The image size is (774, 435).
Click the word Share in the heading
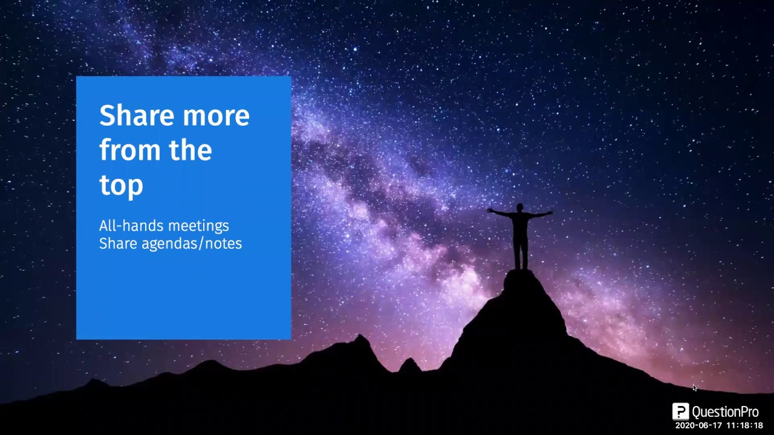coord(137,115)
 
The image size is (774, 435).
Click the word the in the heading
coord(190,150)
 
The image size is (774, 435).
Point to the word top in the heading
coord(121,185)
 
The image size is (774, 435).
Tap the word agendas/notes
coord(192,243)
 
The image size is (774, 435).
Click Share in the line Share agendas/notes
coord(118,243)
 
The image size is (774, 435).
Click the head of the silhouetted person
coord(519,208)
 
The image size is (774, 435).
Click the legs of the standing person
coord(520,254)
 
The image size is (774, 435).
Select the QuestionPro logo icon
coord(680,411)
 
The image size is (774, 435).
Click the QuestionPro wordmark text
coord(725,412)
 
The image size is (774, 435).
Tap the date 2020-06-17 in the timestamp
coord(698,426)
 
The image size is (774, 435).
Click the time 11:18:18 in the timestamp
coord(744,426)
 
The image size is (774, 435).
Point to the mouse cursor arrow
coord(695,388)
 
